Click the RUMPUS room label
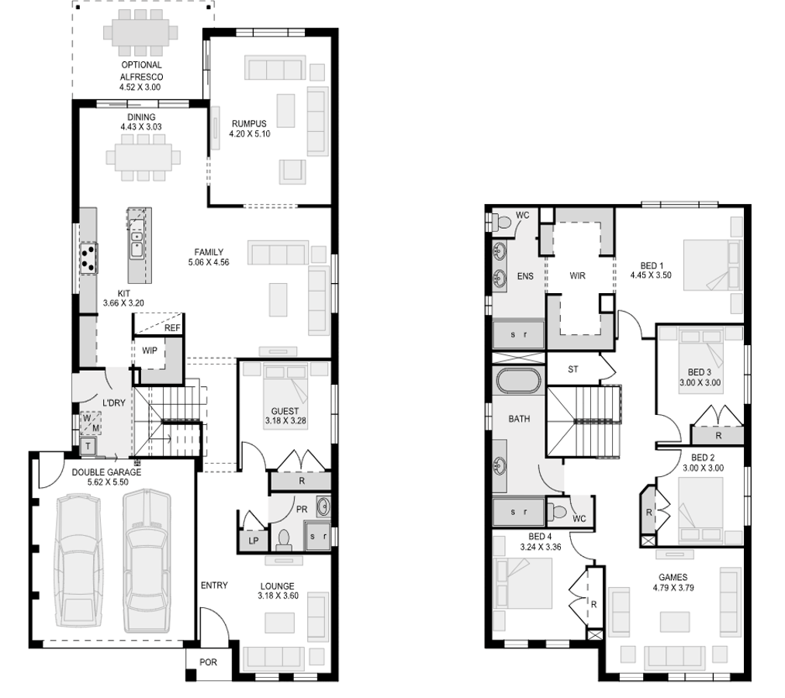249,123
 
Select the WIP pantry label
149,351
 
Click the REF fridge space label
172,328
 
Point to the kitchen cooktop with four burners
88,257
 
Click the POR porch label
207,663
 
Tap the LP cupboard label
253,541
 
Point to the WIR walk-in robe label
576,275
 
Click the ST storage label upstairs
573,369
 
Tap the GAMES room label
673,577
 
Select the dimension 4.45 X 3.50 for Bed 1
650,275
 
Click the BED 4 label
540,537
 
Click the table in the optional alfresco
141,34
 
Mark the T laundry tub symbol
87,445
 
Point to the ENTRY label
214,585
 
